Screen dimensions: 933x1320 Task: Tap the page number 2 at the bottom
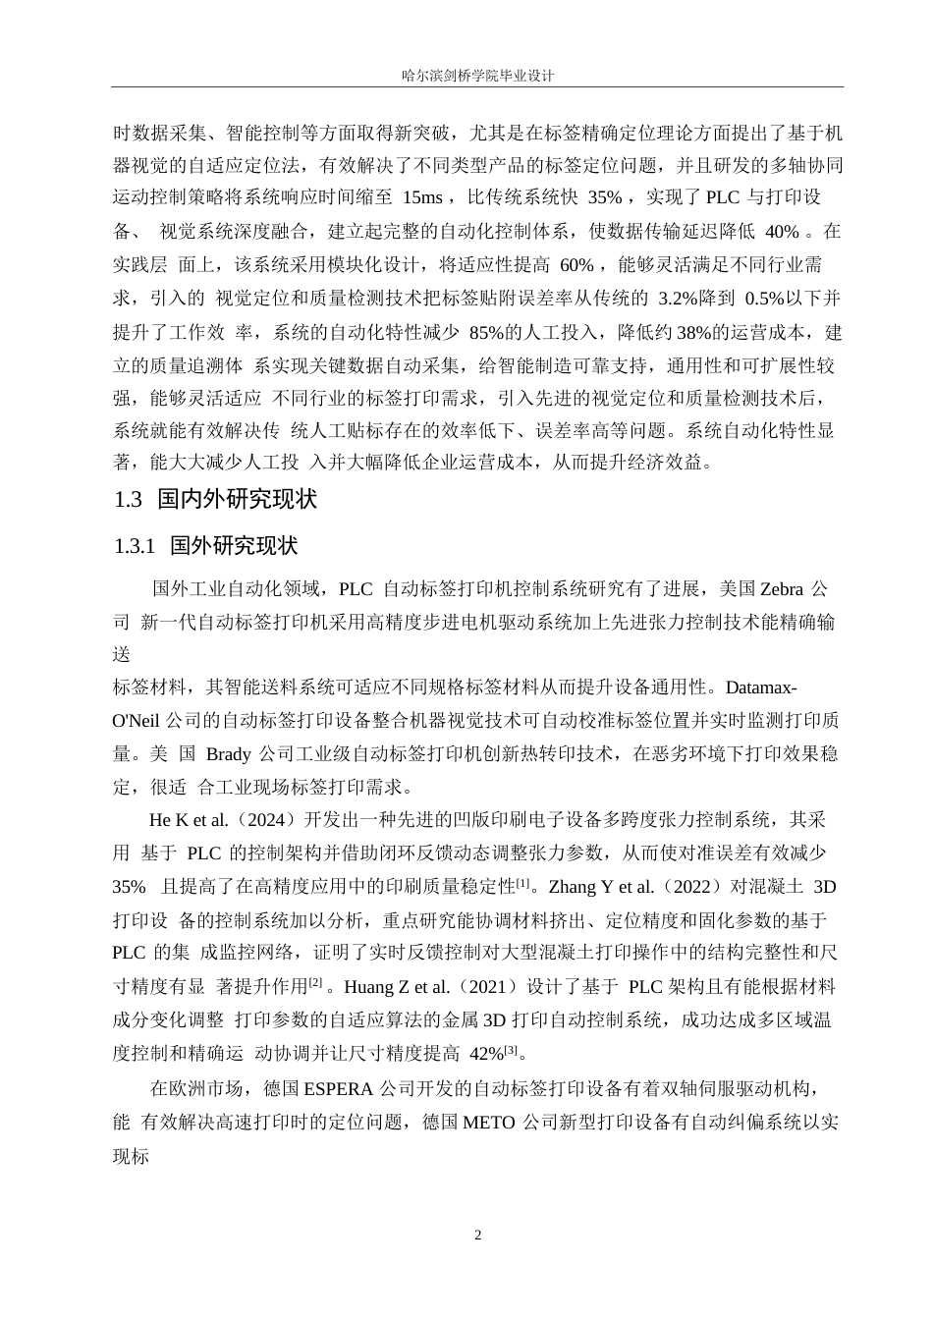[x=478, y=1235]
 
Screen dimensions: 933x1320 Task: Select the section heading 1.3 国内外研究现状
[x=215, y=500]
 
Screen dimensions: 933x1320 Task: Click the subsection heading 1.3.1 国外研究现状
[x=205, y=546]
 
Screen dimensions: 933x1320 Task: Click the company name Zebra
[x=782, y=589]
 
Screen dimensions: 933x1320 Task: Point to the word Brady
[x=228, y=753]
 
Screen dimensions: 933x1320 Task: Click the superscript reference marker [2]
[x=315, y=983]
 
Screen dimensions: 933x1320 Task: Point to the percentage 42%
[x=486, y=1054]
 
